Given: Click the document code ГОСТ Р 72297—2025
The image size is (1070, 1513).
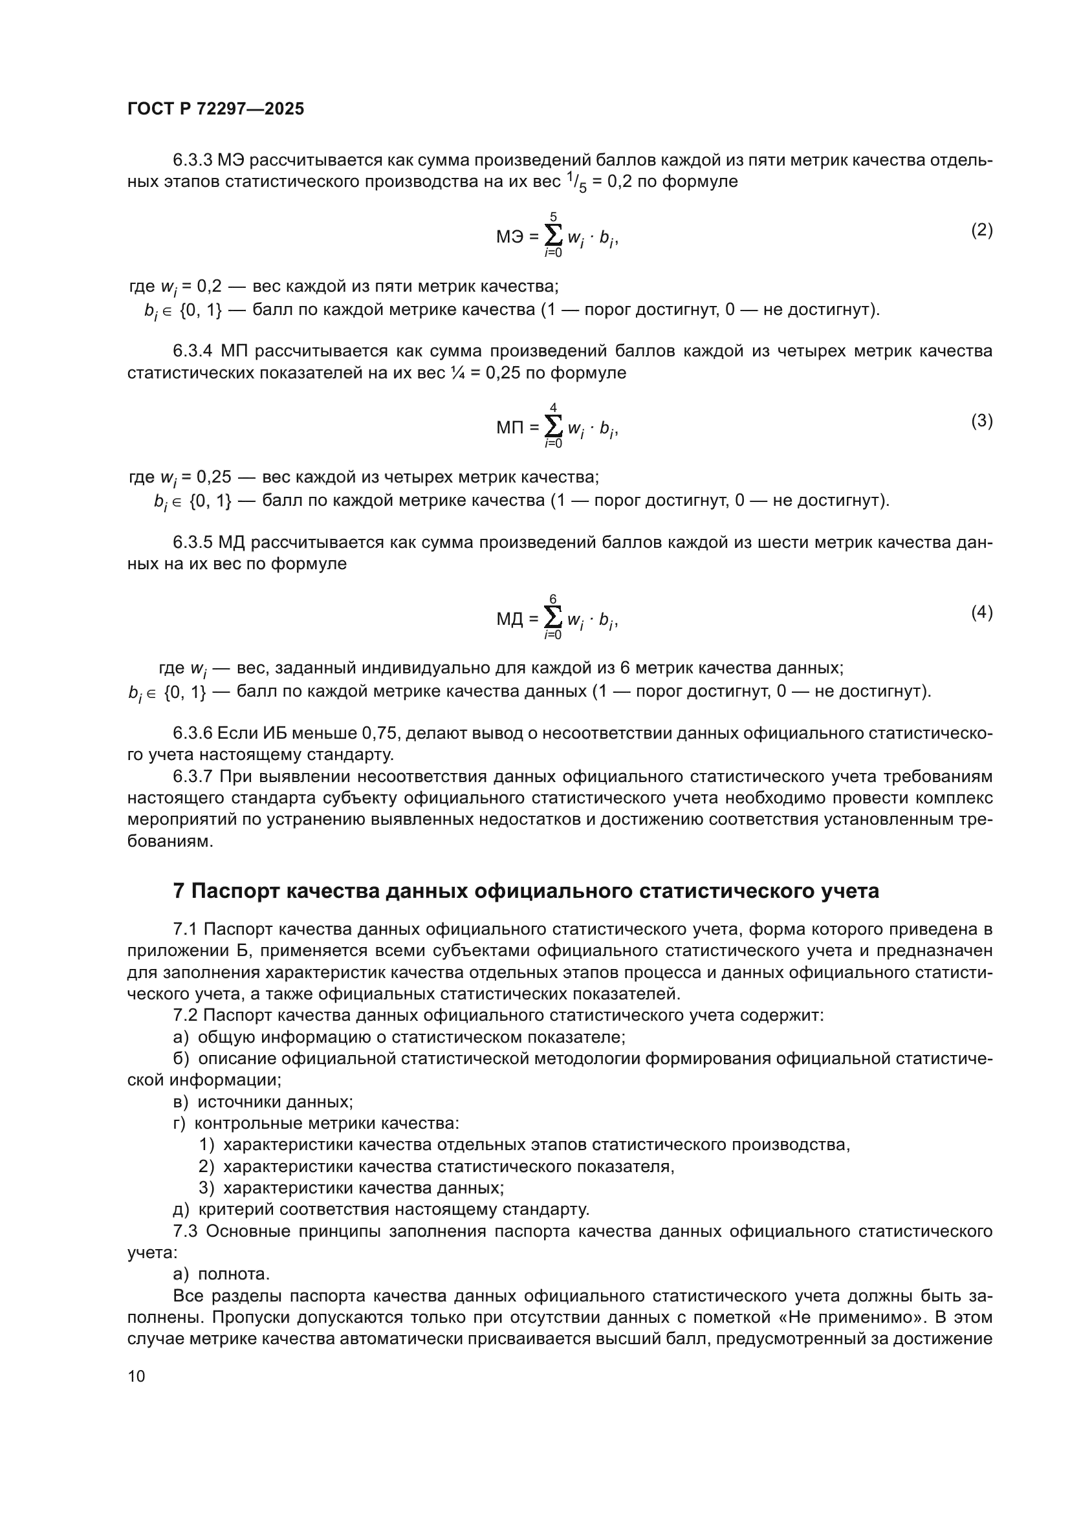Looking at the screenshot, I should click(x=215, y=109).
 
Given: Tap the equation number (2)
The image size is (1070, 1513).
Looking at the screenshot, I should click(x=982, y=230).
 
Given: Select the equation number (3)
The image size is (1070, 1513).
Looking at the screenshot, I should click(x=982, y=420).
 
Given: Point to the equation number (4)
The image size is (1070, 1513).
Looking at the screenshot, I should click(x=982, y=612).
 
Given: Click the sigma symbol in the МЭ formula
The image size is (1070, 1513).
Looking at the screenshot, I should click(x=554, y=235).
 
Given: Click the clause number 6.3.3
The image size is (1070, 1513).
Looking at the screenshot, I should click(x=192, y=160).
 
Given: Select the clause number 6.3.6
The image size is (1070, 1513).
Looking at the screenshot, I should click(x=192, y=733).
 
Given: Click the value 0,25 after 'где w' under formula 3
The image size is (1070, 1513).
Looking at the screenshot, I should click(x=214, y=477).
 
